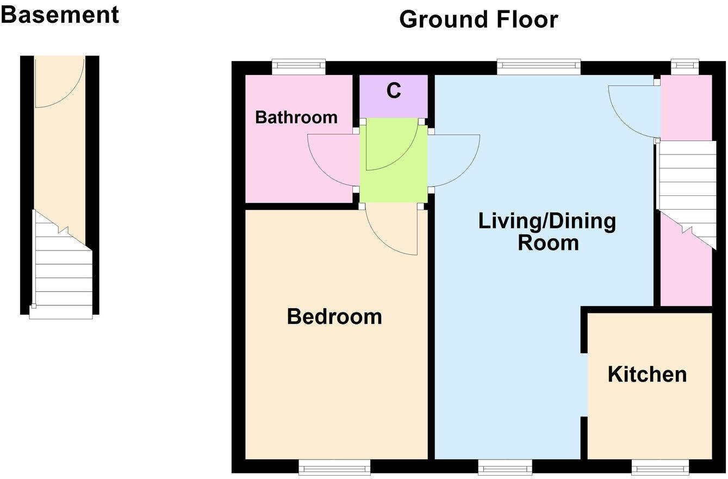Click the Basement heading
pyautogui.click(x=59, y=14)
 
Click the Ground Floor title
pyautogui.click(x=478, y=20)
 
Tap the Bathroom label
pyautogui.click(x=296, y=117)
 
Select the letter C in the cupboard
pyautogui.click(x=394, y=91)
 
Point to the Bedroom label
pyautogui.click(x=334, y=316)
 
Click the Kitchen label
pyautogui.click(x=647, y=374)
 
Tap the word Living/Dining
pyautogui.click(x=547, y=222)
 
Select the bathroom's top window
pyautogui.click(x=298, y=67)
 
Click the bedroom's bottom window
pyautogui.click(x=334, y=466)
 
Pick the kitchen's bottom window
pyautogui.click(x=660, y=466)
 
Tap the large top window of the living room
pyautogui.click(x=538, y=67)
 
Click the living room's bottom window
pyautogui.click(x=505, y=466)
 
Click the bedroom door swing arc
pyautogui.click(x=391, y=231)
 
